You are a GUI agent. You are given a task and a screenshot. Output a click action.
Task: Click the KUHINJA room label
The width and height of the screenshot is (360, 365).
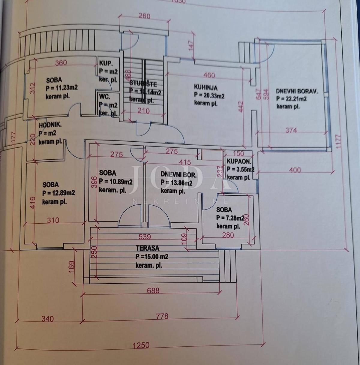205,87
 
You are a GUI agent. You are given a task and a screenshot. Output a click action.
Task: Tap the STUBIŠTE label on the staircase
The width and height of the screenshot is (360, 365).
143,83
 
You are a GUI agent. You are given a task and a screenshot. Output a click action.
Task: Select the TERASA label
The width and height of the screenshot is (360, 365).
147,248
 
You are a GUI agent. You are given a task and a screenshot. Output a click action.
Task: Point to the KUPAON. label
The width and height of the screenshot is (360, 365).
239,161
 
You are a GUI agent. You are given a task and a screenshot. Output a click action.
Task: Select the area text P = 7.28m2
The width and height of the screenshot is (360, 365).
230,218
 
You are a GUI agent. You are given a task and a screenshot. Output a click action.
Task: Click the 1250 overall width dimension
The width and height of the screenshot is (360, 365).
141,345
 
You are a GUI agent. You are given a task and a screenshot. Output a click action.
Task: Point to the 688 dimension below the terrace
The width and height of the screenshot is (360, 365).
153,291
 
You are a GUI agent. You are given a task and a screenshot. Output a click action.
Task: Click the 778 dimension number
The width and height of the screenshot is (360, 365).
162,316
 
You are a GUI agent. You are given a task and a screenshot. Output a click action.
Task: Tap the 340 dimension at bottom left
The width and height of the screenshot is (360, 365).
47,318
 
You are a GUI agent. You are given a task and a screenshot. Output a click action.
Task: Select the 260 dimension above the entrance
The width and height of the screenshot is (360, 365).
144,16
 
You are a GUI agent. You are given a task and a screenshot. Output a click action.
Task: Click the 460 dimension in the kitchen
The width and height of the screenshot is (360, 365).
209,75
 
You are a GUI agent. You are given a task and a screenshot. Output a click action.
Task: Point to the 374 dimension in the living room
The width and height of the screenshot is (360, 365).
291,130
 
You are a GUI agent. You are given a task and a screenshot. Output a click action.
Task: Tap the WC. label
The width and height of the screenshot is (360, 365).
105,97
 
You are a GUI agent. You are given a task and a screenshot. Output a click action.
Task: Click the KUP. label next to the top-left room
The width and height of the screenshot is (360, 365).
105,63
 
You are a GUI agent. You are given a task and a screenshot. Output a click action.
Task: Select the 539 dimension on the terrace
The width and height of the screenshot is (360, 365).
145,237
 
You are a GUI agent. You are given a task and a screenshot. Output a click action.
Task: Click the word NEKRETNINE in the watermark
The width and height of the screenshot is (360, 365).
180,201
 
